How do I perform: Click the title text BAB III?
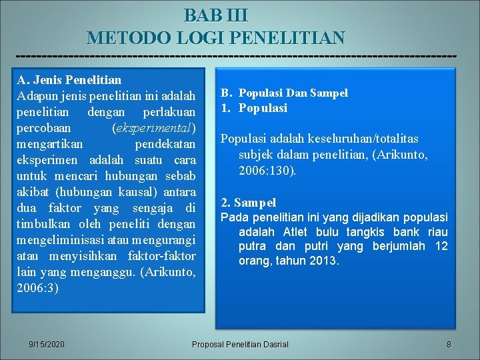point(216,15)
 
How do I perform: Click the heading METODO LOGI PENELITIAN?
point(216,37)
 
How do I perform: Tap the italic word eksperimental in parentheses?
point(155,128)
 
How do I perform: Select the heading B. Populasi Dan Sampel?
point(285,93)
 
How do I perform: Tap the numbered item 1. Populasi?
point(254,108)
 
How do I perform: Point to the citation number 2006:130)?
point(267,170)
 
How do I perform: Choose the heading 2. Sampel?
point(248,202)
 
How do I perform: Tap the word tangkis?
point(368,232)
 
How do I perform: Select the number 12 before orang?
point(441,247)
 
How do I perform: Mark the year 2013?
point(324,261)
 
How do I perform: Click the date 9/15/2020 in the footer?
point(47,344)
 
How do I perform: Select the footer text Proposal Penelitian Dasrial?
point(240,344)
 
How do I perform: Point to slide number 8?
point(449,344)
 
